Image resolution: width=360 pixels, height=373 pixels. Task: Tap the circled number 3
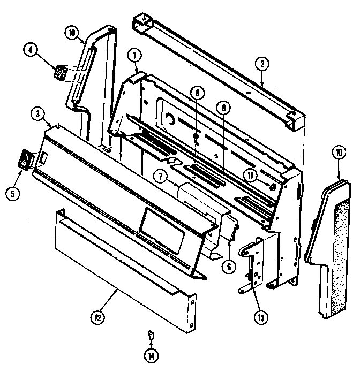pos(37,113)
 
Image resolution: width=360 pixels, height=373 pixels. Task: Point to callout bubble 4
pos(31,51)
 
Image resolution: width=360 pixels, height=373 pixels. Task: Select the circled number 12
pos(98,317)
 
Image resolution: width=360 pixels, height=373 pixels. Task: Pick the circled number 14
pos(151,355)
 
